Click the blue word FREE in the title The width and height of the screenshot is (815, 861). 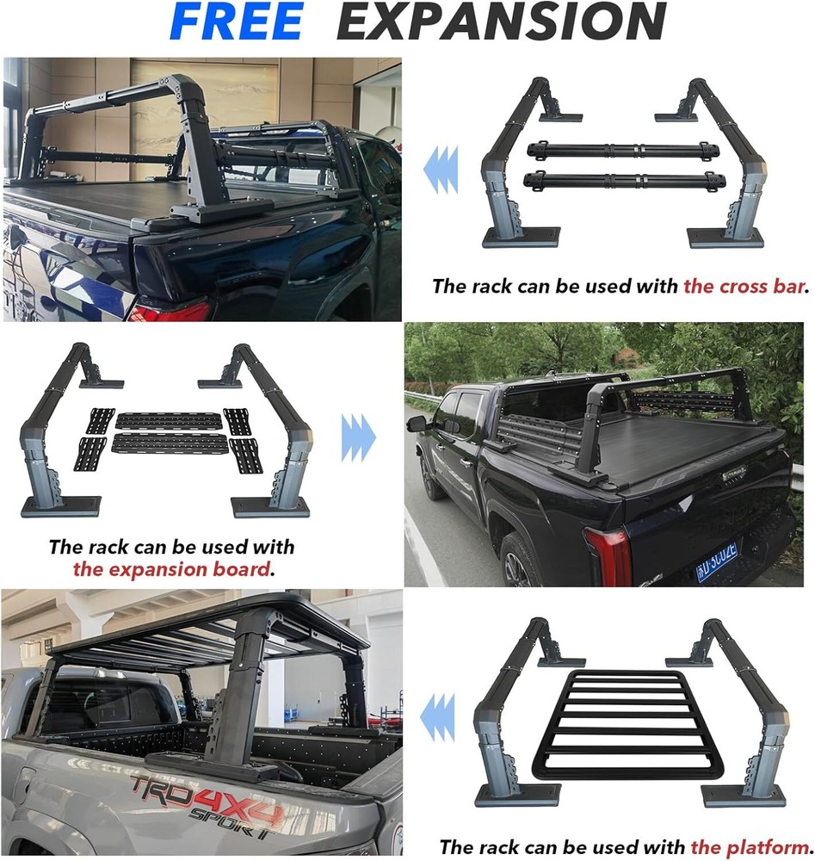(236, 21)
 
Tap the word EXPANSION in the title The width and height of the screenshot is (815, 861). (501, 21)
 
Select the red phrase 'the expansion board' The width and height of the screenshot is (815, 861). (172, 569)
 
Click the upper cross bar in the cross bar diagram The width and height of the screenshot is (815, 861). (622, 150)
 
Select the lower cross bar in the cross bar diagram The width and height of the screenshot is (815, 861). (624, 180)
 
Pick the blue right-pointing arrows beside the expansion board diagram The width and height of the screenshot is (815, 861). (358, 437)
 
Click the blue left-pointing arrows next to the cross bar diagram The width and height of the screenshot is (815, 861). (441, 169)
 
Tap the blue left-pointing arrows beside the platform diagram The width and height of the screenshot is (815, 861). (437, 717)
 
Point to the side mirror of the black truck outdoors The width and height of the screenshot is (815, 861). (417, 424)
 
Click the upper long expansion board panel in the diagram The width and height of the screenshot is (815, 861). (169, 421)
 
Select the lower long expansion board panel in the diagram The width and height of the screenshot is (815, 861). (170, 443)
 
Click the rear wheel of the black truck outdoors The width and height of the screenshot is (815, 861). (518, 561)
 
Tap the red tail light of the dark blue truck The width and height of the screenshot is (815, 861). (171, 312)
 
